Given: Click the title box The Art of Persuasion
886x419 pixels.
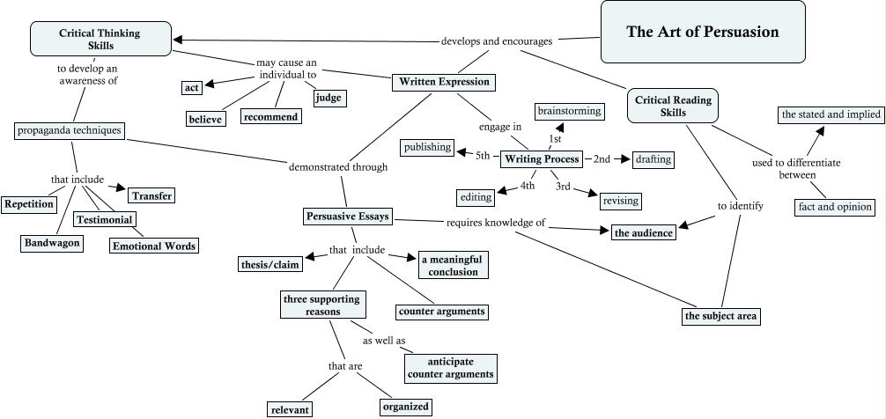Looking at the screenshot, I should (703, 32).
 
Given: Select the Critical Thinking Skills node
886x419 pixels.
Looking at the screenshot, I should (100, 39).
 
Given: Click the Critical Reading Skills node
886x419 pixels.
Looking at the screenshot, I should (672, 106).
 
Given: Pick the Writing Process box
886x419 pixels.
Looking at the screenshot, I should (542, 159).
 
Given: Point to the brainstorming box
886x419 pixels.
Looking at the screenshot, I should (570, 111).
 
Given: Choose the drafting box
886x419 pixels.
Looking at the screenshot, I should (653, 159).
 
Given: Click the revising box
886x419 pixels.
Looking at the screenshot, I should (620, 201).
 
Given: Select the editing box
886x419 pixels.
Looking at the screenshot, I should (476, 197).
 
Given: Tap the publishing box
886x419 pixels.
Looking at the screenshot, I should (427, 147).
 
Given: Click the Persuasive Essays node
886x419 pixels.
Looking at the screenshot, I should (348, 216).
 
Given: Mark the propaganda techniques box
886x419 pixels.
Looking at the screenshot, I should (70, 130).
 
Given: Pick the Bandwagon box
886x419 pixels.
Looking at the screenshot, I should (52, 243).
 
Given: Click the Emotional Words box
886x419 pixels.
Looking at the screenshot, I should (154, 246).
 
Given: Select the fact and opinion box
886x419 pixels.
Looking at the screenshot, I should (833, 207).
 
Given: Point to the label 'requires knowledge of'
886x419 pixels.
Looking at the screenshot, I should (496, 222).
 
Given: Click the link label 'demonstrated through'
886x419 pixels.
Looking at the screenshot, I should (332, 166).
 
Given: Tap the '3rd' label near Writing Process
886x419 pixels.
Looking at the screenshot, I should (564, 187).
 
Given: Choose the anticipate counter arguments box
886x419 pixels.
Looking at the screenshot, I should (450, 368).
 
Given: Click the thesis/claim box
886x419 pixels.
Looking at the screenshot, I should (268, 263).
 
